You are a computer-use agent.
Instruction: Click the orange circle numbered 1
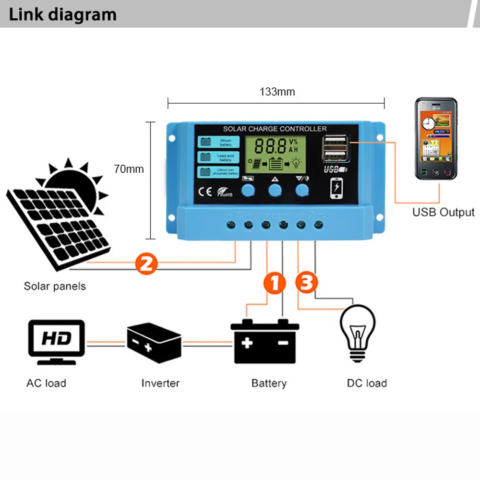click(x=274, y=283)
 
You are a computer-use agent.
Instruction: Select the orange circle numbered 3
click(x=306, y=282)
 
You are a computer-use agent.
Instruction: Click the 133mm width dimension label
click(x=277, y=92)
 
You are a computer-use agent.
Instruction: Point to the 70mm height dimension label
click(x=129, y=169)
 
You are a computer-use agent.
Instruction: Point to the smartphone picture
click(x=436, y=139)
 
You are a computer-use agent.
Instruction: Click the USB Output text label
click(x=443, y=212)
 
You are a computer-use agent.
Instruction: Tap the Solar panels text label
click(x=55, y=286)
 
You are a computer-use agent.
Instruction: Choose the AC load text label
click(x=46, y=383)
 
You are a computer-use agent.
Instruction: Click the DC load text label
click(x=367, y=383)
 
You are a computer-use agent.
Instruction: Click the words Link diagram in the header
click(x=63, y=14)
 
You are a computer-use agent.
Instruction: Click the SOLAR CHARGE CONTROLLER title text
click(x=275, y=129)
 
